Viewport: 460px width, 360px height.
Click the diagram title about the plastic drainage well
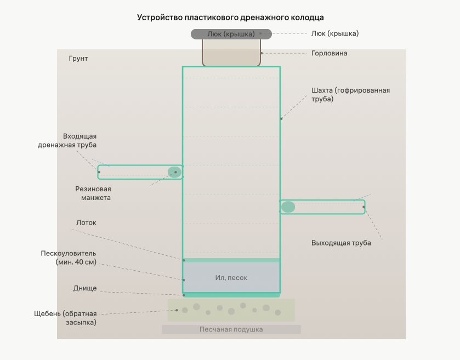[x=230, y=18]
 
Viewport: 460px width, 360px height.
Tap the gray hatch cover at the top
[x=231, y=34]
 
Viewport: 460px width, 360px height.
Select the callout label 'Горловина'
[x=329, y=53]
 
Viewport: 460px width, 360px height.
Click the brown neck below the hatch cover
[x=231, y=53]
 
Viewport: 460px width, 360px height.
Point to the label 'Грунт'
[x=78, y=59]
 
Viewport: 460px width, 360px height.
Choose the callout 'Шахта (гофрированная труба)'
[x=350, y=94]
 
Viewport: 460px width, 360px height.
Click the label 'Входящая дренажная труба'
[x=67, y=140]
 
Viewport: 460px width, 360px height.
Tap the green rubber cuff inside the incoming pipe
[x=174, y=172]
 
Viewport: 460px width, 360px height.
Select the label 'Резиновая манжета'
[x=93, y=193]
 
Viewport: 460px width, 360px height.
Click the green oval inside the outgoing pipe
[x=288, y=207]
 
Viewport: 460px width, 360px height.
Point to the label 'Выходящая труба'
[x=341, y=243]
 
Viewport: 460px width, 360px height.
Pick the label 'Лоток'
[x=86, y=223]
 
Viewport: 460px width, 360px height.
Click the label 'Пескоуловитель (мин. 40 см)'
[x=69, y=258]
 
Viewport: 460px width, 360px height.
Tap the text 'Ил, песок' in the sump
[x=231, y=278]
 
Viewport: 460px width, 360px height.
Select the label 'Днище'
[x=85, y=288]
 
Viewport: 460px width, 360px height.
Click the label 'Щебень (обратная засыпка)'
[x=65, y=318]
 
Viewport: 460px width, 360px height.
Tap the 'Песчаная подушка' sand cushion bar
[x=231, y=329]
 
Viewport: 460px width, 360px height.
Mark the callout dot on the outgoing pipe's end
[x=364, y=207]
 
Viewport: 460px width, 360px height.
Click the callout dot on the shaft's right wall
[x=281, y=119]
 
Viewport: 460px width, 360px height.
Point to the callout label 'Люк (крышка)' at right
[x=335, y=33]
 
